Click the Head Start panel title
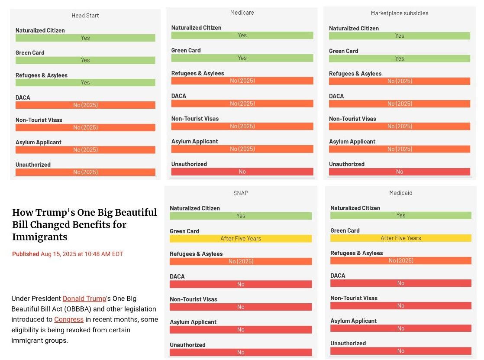click(85, 16)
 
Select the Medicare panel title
click(242, 13)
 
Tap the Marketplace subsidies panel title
click(400, 13)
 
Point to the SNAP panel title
click(241, 193)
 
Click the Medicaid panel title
click(400, 193)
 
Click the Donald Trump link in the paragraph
click(84, 298)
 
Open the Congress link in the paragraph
click(69, 319)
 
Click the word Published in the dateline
click(26, 254)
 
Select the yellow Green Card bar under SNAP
click(241, 239)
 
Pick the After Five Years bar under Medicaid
click(400, 238)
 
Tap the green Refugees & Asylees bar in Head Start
click(85, 82)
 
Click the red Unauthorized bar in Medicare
click(242, 172)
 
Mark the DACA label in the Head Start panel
click(23, 97)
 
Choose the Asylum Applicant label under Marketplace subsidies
click(352, 141)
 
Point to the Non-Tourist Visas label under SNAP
click(194, 299)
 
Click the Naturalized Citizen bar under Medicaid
click(400, 215)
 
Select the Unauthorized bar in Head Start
click(85, 172)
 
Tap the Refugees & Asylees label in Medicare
click(197, 73)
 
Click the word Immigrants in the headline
click(40, 237)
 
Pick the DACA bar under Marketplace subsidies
click(400, 104)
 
